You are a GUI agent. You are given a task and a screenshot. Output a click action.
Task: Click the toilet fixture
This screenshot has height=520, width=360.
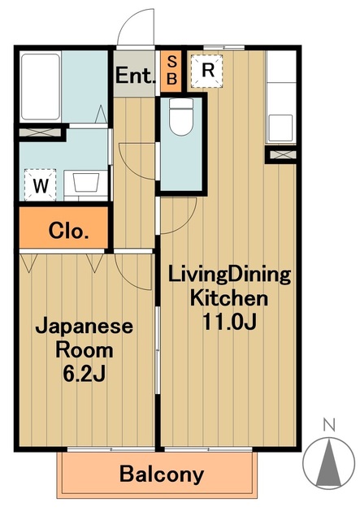click(181, 116)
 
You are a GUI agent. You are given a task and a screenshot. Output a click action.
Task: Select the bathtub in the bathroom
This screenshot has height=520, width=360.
click(41, 87)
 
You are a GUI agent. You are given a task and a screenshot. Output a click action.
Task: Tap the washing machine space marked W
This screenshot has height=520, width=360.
click(41, 184)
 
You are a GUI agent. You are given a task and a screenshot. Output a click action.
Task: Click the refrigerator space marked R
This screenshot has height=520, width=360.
click(207, 71)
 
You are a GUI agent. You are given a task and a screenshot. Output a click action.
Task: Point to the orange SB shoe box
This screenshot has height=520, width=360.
click(171, 71)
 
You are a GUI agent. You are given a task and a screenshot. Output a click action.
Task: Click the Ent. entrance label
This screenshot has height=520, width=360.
click(136, 76)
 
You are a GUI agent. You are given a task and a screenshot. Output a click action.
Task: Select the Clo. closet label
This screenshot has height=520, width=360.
click(69, 231)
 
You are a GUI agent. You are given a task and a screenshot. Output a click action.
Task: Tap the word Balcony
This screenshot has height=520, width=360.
click(162, 474)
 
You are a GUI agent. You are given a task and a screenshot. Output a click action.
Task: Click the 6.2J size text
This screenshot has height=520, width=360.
click(85, 374)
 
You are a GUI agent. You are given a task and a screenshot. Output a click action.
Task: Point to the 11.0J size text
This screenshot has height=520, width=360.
click(229, 322)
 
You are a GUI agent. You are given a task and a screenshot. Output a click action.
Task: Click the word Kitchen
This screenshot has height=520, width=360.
click(229, 298)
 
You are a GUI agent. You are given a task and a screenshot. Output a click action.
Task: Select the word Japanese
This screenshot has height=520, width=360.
click(85, 327)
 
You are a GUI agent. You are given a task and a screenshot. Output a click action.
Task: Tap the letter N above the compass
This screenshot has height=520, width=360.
click(329, 424)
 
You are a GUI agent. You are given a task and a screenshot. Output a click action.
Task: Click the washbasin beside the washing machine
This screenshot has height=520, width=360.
click(86, 183)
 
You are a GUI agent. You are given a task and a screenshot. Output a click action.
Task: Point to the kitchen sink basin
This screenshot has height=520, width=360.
click(280, 128)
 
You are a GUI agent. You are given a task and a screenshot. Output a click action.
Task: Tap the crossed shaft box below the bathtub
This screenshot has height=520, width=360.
click(40, 132)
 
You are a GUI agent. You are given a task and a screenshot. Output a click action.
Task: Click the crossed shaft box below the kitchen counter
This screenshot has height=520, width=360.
click(282, 154)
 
